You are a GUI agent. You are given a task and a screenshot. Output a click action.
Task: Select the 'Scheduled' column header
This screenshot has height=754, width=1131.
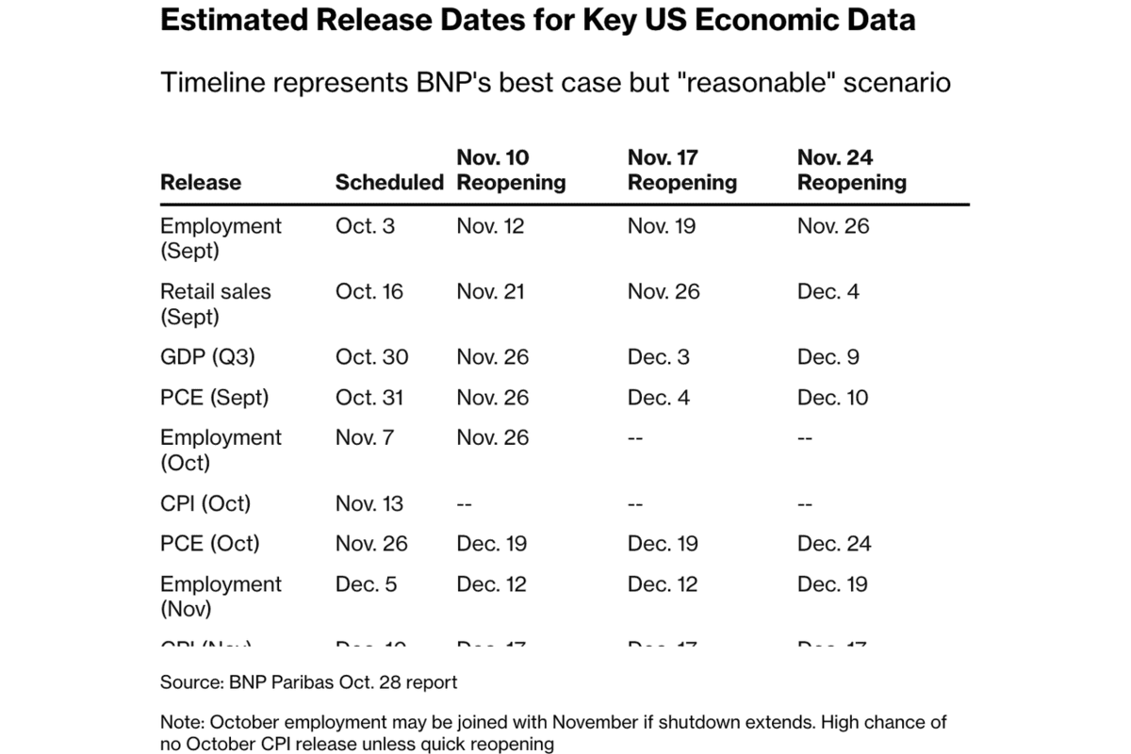pyautogui.click(x=389, y=182)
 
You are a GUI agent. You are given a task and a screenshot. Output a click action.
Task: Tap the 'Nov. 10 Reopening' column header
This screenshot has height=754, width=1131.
pyautogui.click(x=511, y=170)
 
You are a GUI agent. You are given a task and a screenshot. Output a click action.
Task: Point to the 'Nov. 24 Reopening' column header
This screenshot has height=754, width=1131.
pyautogui.click(x=852, y=170)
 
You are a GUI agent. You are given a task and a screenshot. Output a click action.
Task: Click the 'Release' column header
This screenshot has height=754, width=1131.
pyautogui.click(x=201, y=182)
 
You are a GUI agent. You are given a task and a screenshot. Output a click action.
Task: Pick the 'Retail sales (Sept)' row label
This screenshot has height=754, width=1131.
pyautogui.click(x=215, y=303)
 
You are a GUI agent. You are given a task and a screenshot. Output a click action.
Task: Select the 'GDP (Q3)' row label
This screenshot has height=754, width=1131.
pyautogui.click(x=206, y=357)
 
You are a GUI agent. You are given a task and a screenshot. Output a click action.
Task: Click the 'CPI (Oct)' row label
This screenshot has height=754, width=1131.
pyautogui.click(x=205, y=503)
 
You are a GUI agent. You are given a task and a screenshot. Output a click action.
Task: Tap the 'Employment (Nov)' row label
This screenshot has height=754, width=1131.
pyautogui.click(x=221, y=597)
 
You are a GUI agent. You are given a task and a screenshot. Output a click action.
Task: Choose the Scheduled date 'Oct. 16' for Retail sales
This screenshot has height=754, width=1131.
pyautogui.click(x=369, y=291)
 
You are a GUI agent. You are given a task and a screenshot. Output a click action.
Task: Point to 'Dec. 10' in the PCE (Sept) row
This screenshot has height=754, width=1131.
pyautogui.click(x=833, y=398)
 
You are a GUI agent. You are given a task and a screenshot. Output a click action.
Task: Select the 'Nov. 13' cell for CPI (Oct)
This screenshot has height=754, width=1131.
pyautogui.click(x=369, y=503)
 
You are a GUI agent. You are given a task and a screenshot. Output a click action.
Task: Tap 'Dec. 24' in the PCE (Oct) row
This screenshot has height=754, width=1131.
pyautogui.click(x=834, y=544)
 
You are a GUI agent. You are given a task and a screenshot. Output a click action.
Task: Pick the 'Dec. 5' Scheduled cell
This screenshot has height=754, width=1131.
pyautogui.click(x=367, y=584)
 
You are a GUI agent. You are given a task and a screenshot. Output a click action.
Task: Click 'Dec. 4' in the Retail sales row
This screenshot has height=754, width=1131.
pyautogui.click(x=828, y=291)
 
